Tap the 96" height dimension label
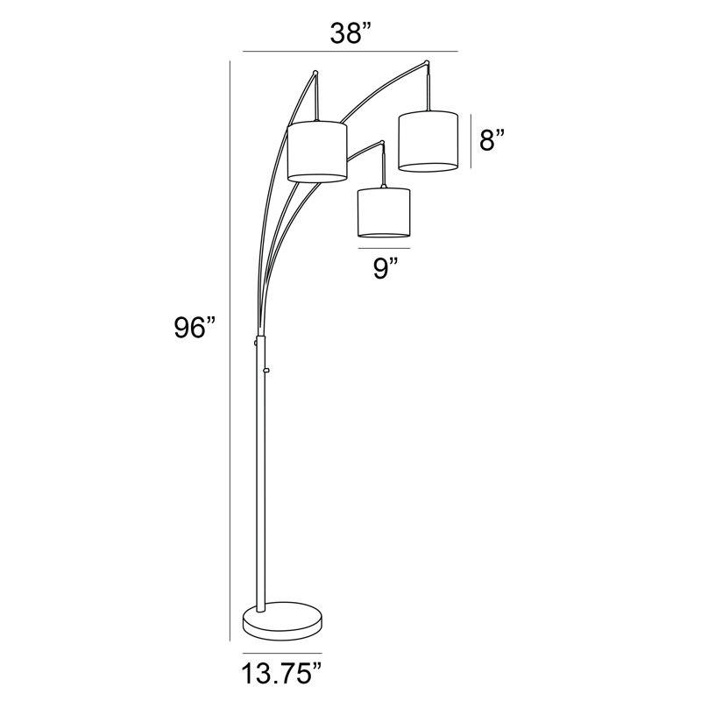tap(195, 329)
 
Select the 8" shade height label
tap(492, 139)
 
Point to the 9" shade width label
tap(386, 268)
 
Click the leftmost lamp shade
tap(317, 151)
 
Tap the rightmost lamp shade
tap(428, 140)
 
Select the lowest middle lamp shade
tap(384, 212)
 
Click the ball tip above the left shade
tap(315, 72)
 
